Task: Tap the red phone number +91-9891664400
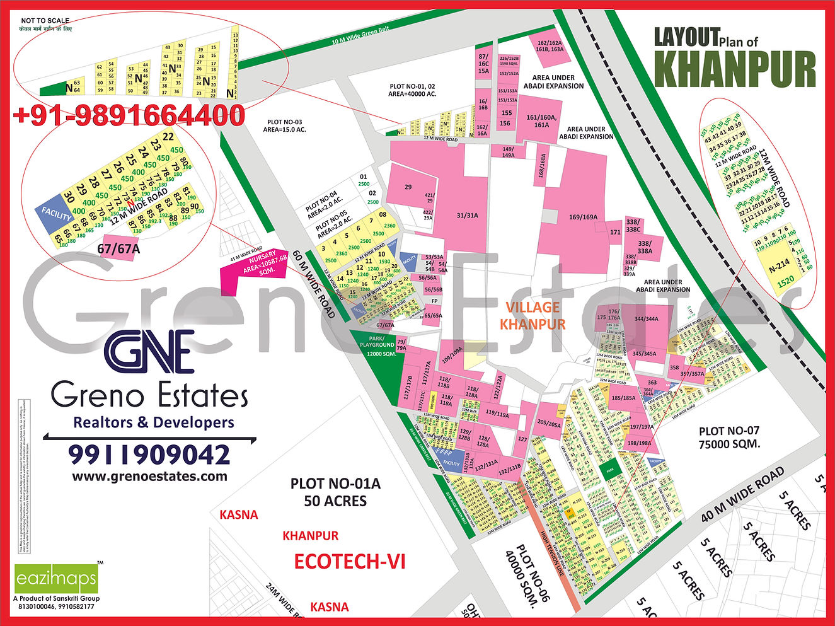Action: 129,116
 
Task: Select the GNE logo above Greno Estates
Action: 149,353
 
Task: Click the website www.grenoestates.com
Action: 150,477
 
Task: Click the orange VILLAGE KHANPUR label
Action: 533,315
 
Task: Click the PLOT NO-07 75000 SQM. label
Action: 729,437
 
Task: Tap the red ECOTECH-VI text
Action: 350,561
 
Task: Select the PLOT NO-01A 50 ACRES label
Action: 335,492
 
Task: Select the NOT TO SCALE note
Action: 45,21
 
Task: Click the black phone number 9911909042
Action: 149,454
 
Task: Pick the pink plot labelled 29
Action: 408,187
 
